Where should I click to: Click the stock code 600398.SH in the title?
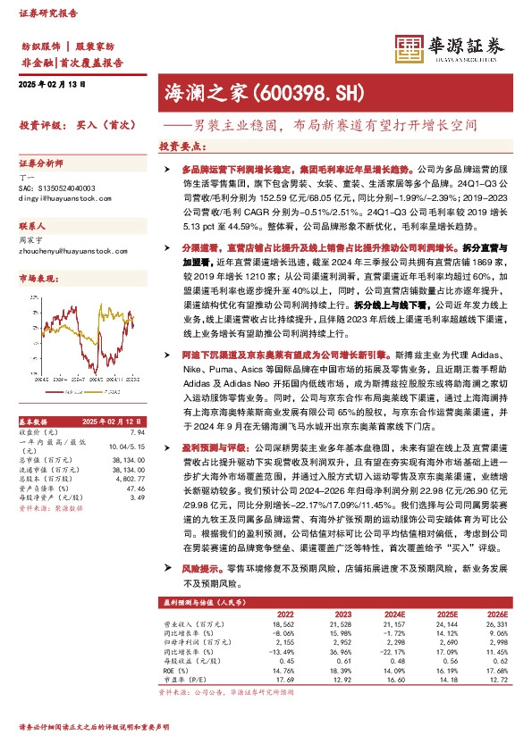[x=295, y=91]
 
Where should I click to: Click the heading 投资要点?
[x=182, y=146]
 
